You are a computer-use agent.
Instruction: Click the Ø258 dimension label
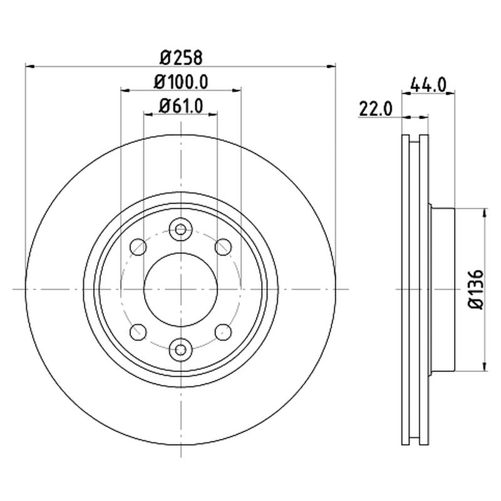(x=181, y=58)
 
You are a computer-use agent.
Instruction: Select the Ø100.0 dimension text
(x=181, y=82)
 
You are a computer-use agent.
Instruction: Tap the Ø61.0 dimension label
(x=181, y=106)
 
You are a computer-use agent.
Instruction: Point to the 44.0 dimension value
(x=428, y=85)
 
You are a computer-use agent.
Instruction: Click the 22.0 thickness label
(x=376, y=109)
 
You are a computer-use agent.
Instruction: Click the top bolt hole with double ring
(x=181, y=229)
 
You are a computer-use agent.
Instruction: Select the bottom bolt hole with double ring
(x=181, y=349)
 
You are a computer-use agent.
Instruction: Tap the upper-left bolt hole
(x=138, y=247)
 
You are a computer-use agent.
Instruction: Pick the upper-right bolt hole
(x=224, y=247)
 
